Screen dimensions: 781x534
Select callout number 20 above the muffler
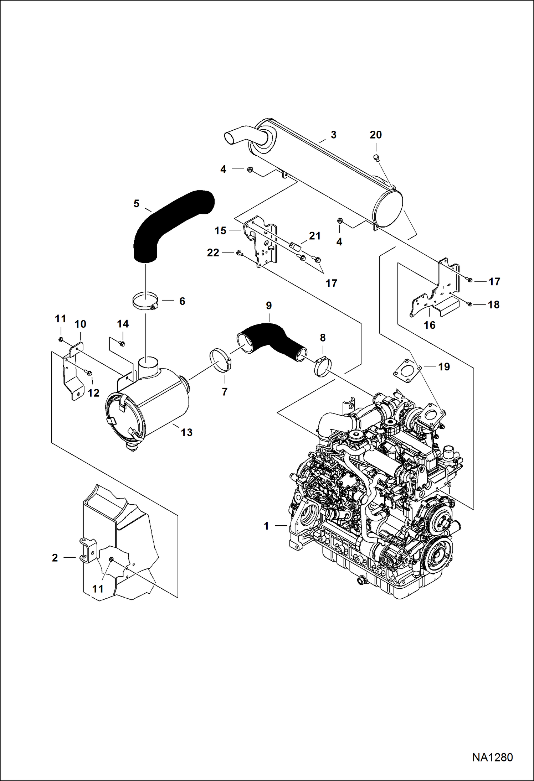pyautogui.click(x=376, y=135)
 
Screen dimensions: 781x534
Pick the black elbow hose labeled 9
pyautogui.click(x=271, y=339)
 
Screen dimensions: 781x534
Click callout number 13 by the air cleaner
pyautogui.click(x=186, y=432)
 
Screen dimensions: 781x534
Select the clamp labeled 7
pyautogui.click(x=220, y=361)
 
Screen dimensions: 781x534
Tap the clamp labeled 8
pyautogui.click(x=323, y=367)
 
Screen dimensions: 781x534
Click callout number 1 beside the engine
pyautogui.click(x=266, y=526)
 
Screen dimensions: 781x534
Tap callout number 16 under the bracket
pyautogui.click(x=430, y=325)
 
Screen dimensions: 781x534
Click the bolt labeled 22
pyautogui.click(x=239, y=253)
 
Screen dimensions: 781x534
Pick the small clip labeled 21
pyautogui.click(x=294, y=245)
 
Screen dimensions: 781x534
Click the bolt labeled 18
pyautogui.click(x=470, y=304)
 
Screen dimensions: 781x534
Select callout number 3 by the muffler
pyautogui.click(x=333, y=135)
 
